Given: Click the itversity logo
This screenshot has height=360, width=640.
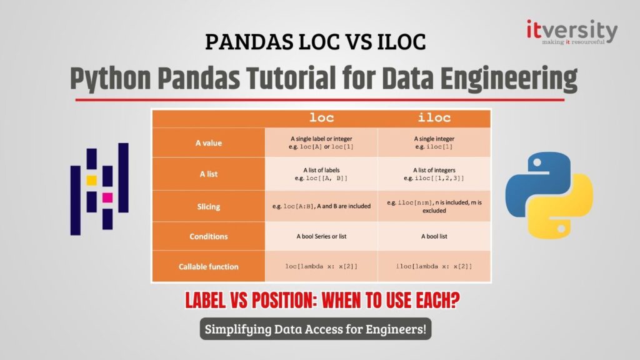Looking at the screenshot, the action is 572,32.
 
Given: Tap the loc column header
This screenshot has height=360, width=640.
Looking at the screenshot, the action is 322,118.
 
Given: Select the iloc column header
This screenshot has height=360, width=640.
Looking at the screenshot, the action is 434,118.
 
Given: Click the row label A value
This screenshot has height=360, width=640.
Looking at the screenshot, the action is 209,143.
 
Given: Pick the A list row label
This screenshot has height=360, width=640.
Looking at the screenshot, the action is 209,174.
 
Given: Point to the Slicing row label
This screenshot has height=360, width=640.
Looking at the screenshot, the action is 209,206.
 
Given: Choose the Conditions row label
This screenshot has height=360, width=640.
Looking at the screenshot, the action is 209,236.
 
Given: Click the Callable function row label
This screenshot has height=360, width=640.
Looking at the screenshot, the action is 209,266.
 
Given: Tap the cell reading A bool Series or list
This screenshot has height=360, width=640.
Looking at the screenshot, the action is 322,236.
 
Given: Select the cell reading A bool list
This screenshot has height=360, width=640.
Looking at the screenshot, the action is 434,236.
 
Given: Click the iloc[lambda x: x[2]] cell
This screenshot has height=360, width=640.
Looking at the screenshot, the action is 434,266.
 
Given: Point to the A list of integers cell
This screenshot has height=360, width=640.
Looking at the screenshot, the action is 434,174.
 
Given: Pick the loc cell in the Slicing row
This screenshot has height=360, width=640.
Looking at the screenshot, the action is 322,206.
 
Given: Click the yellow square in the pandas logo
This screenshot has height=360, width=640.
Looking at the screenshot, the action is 91,181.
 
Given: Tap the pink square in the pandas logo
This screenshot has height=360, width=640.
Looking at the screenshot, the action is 107,197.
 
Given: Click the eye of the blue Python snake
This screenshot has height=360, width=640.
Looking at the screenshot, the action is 537,162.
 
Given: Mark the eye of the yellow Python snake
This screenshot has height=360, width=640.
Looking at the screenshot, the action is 561,229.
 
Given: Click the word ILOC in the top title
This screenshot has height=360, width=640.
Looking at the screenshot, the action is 401,42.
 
